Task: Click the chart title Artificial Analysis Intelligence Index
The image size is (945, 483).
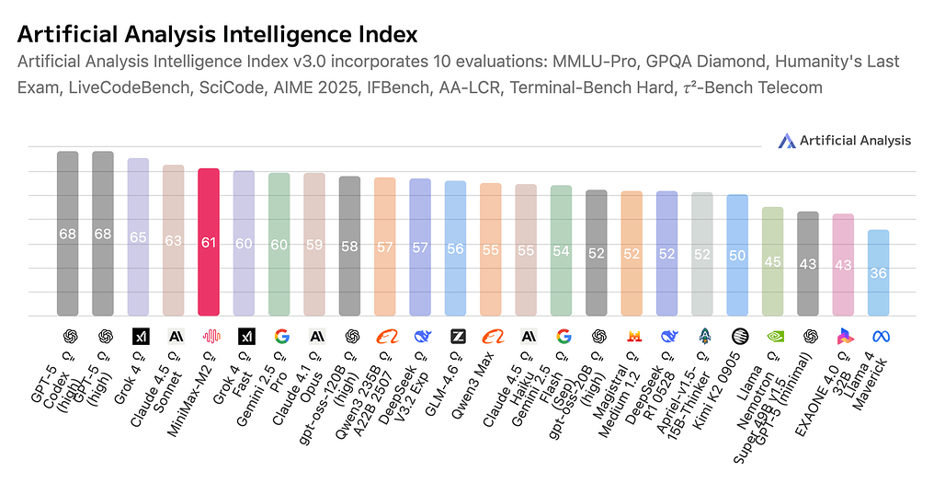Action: pyautogui.click(x=218, y=35)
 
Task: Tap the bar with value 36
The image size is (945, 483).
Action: pyautogui.click(x=878, y=273)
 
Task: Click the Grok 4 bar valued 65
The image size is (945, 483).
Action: pyautogui.click(x=138, y=237)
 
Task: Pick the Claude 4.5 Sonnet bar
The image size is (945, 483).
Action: pyautogui.click(x=174, y=241)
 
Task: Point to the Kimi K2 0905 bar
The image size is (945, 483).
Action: pyautogui.click(x=737, y=256)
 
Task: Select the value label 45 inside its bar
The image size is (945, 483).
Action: pyautogui.click(x=772, y=261)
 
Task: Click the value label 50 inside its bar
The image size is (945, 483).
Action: pyautogui.click(x=737, y=255)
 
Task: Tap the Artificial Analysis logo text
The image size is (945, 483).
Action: pyautogui.click(x=855, y=141)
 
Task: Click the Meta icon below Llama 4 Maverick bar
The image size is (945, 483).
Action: pyautogui.click(x=878, y=337)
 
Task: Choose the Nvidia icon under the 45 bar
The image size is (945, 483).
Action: pyautogui.click(x=772, y=337)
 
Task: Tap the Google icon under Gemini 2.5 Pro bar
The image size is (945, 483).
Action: pyautogui.click(x=279, y=337)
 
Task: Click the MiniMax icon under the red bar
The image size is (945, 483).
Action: pyautogui.click(x=209, y=337)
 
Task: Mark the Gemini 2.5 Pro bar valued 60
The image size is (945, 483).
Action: pyautogui.click(x=279, y=245)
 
